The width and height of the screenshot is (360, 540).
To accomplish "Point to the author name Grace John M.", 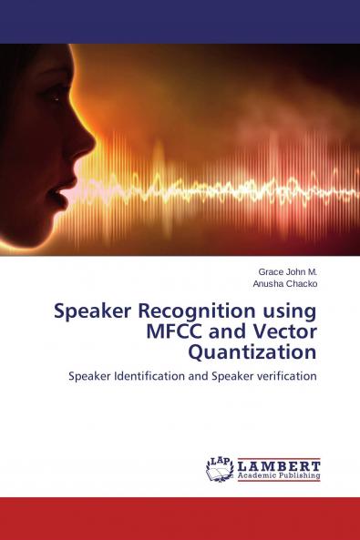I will (x=287, y=271).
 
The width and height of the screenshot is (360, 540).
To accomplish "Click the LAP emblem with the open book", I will (x=220, y=468).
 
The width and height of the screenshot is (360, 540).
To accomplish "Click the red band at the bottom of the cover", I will (x=180, y=519).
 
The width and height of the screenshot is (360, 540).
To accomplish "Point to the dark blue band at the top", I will (x=180, y=21).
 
